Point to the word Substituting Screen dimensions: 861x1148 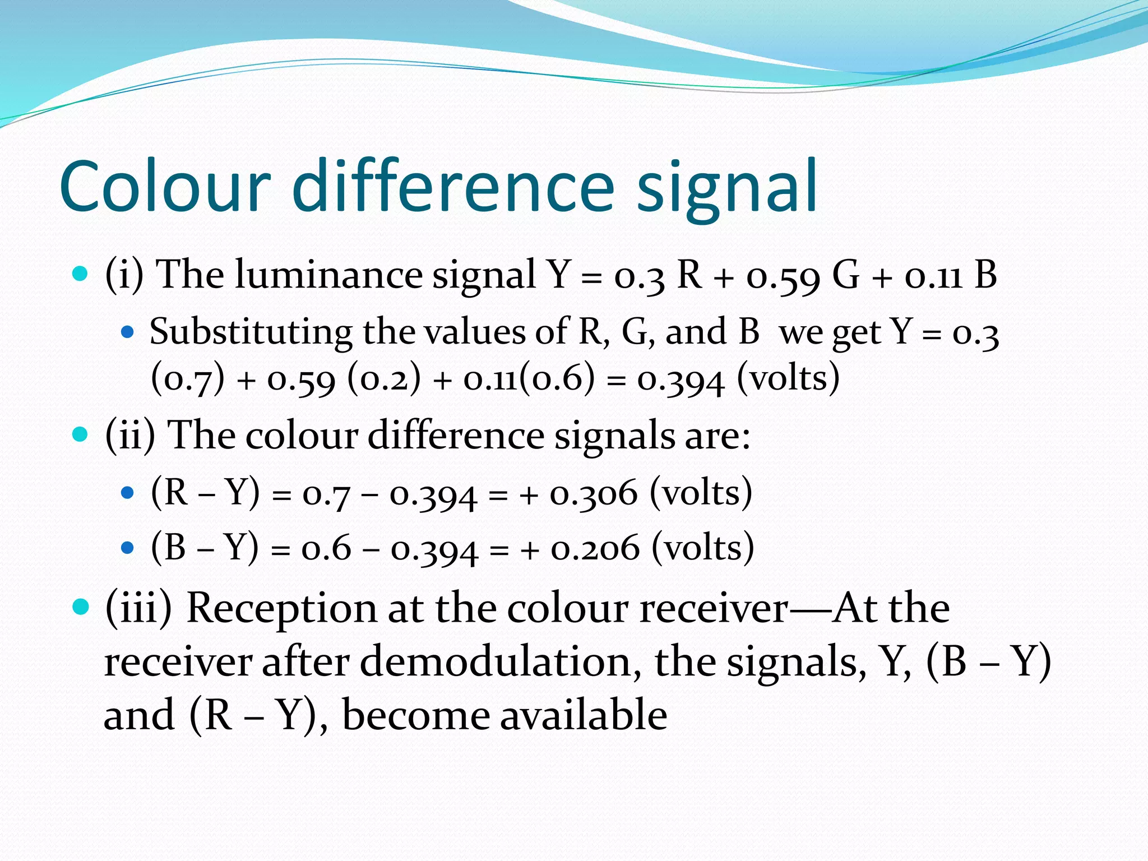coord(251,332)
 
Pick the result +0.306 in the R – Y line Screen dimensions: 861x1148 coord(594,494)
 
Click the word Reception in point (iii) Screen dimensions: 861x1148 coord(282,608)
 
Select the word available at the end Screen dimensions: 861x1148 coord(583,716)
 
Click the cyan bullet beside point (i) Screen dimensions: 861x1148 coord(81,274)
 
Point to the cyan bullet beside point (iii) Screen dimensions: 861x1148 coord(81,607)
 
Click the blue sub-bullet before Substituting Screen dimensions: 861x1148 coord(128,332)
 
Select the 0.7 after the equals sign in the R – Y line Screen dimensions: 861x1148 coord(327,494)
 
